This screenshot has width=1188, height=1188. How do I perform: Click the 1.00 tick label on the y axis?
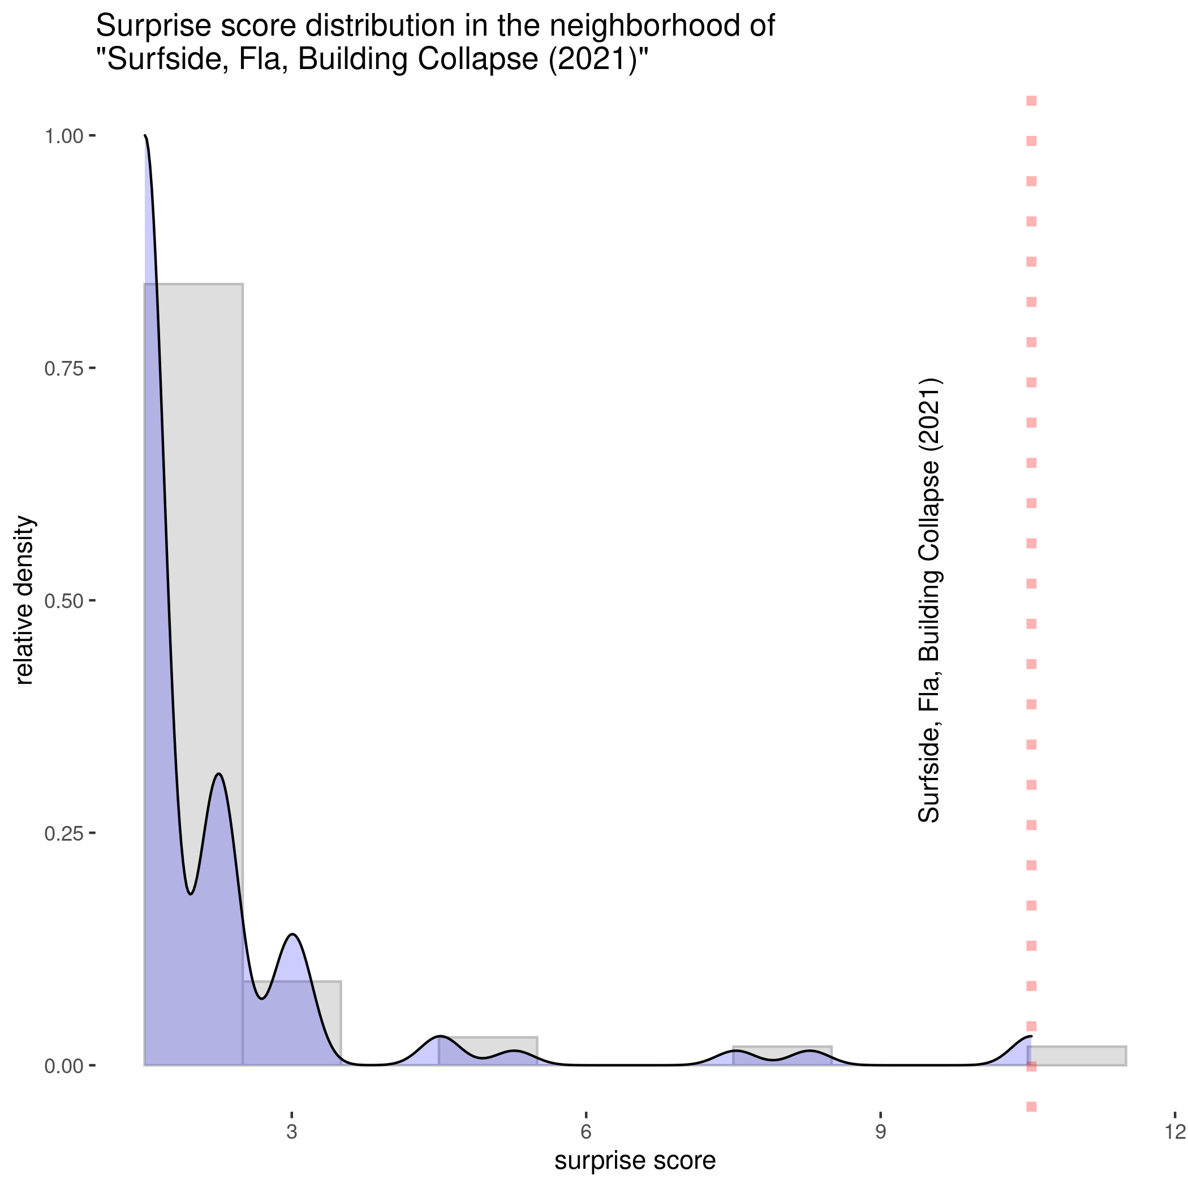(x=64, y=136)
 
